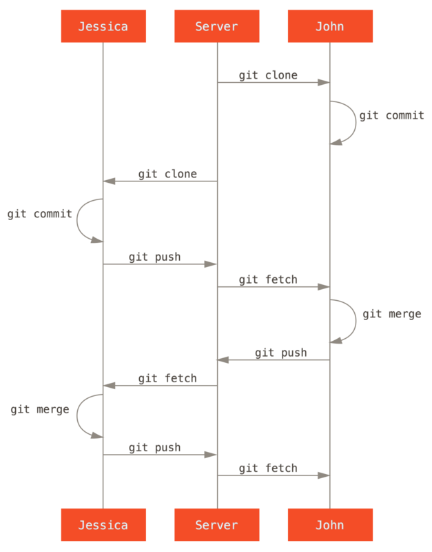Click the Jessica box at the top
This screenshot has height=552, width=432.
pos(103,27)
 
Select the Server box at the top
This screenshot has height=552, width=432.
pos(216,27)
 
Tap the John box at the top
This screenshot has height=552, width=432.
pos(329,27)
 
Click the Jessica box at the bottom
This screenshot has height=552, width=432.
pos(103,524)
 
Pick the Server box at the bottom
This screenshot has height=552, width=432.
pos(216,524)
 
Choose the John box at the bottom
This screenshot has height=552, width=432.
pos(329,524)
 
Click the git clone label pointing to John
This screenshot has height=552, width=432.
pos(268,75)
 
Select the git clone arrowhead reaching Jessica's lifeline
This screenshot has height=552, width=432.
pos(108,181)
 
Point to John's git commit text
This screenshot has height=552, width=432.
pos(391,115)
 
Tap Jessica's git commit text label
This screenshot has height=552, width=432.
pos(39,214)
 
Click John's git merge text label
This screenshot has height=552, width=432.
pos(391,314)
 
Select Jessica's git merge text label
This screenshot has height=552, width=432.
pos(39,409)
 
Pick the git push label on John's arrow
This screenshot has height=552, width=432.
pos(280,353)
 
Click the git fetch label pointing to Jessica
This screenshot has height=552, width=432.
pos(167,378)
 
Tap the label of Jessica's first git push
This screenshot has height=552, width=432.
pos(154,257)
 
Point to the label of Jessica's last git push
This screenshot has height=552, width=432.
pos(154,447)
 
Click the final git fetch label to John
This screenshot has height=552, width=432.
pos(268,468)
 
